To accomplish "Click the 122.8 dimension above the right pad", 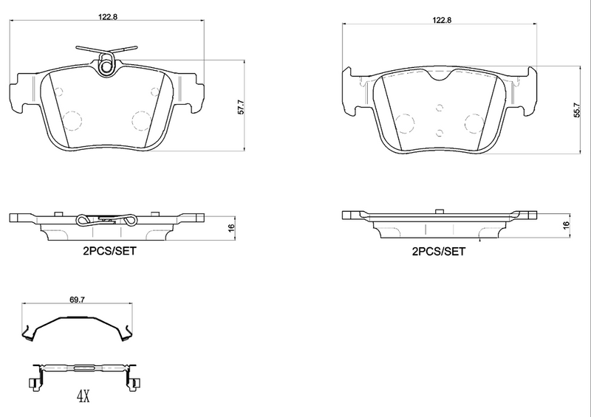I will [x=442, y=21].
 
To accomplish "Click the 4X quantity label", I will [x=82, y=397].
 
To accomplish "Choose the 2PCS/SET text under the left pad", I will [x=109, y=251].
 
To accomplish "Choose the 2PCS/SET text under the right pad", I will [x=439, y=251].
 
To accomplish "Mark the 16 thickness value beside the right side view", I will [x=566, y=224].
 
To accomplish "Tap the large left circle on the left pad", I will [x=72, y=120].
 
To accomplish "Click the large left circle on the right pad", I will [x=405, y=123].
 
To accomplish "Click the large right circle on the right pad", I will [x=473, y=123].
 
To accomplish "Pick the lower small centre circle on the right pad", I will [x=440, y=133].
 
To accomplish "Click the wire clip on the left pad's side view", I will [x=106, y=219].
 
